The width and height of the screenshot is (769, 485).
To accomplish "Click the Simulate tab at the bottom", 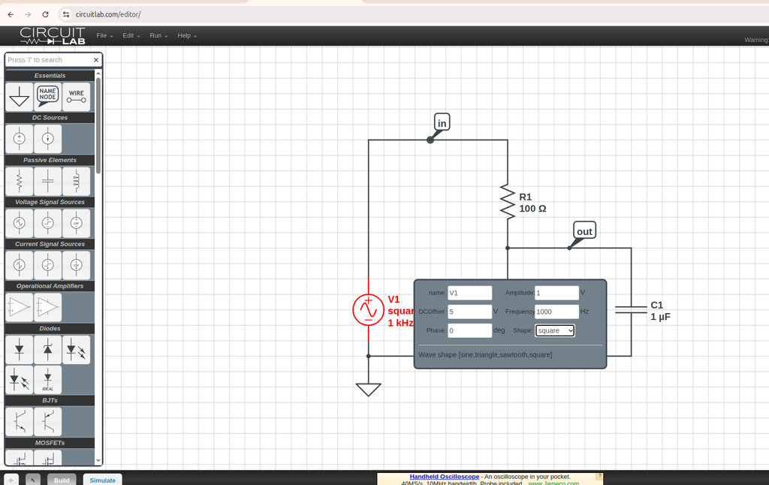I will pyautogui.click(x=103, y=480).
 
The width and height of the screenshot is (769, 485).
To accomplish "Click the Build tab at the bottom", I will pyautogui.click(x=62, y=480).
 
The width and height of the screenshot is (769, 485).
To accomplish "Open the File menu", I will pyautogui.click(x=104, y=36).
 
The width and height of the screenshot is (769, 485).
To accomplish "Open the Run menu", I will pyautogui.click(x=158, y=36).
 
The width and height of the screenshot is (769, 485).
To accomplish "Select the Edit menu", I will pyautogui.click(x=131, y=36).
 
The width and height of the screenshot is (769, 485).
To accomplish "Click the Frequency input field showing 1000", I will pyautogui.click(x=556, y=312).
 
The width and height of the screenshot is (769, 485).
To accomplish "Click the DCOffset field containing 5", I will pyautogui.click(x=469, y=312).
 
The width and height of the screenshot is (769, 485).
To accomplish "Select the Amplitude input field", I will pyautogui.click(x=556, y=293).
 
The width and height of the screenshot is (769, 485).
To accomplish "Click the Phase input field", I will pyautogui.click(x=469, y=330).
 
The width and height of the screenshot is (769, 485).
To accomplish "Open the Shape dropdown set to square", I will pyautogui.click(x=555, y=330).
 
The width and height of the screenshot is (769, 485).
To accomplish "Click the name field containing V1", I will pyautogui.click(x=469, y=293).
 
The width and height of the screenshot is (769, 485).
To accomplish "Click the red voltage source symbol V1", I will pyautogui.click(x=368, y=309).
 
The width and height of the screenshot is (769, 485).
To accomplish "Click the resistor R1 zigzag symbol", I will pyautogui.click(x=508, y=202).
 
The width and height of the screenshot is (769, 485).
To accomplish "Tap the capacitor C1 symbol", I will pyautogui.click(x=631, y=309).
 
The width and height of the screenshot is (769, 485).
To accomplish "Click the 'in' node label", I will pyautogui.click(x=442, y=123).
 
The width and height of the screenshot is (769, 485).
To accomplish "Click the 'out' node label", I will pyautogui.click(x=584, y=231).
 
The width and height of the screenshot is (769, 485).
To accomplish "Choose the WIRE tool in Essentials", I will pyautogui.click(x=76, y=96).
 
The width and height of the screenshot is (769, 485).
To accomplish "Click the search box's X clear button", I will pyautogui.click(x=96, y=60).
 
